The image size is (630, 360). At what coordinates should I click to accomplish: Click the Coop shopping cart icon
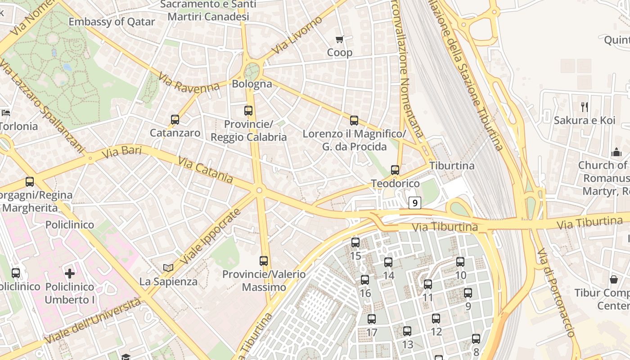click(x=340, y=40)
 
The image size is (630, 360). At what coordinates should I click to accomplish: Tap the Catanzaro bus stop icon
click(x=175, y=120)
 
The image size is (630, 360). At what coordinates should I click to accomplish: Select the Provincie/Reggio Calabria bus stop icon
click(x=248, y=111)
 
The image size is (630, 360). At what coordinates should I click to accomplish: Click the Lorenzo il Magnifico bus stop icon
click(x=354, y=121)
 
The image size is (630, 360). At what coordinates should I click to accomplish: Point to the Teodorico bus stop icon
click(x=395, y=170)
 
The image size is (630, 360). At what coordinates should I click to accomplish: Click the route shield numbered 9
click(x=415, y=203)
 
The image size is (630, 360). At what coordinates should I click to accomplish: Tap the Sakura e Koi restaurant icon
click(x=585, y=107)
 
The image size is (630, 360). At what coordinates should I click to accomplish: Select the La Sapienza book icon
click(x=168, y=268)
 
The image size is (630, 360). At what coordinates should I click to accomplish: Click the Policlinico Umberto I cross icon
click(x=70, y=273)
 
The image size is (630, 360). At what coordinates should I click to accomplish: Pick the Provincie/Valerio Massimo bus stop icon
click(x=264, y=261)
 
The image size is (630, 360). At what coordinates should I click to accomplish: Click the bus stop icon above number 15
click(x=355, y=243)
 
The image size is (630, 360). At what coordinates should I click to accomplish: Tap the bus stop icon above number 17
click(x=372, y=319)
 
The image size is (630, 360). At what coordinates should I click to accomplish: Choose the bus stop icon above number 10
click(x=460, y=262)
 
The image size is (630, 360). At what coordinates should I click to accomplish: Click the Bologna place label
click(x=252, y=84)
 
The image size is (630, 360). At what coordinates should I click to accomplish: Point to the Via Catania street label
click(x=206, y=170)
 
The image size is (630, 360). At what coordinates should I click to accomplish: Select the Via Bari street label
click(x=121, y=152)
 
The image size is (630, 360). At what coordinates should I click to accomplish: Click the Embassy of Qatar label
click(x=112, y=22)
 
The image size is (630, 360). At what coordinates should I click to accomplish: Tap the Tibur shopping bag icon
click(x=614, y=279)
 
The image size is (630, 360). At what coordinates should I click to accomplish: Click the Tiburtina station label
click(x=452, y=166)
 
